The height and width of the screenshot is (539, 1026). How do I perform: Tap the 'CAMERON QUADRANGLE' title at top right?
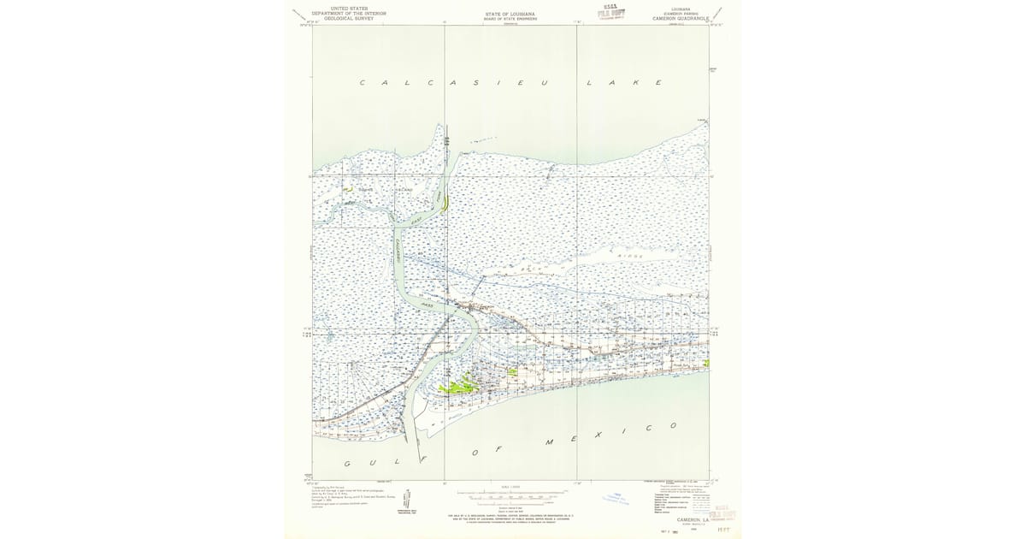(681, 18)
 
